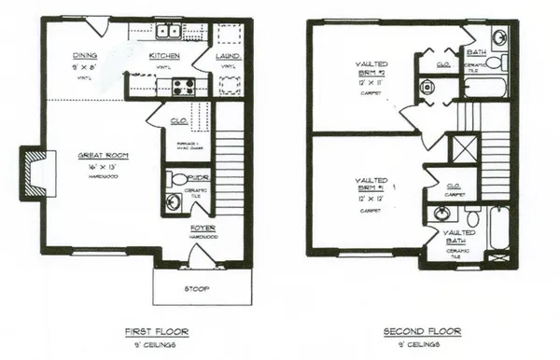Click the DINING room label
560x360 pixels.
tap(88, 55)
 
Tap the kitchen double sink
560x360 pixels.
tap(169, 34)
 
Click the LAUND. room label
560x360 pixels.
tap(230, 56)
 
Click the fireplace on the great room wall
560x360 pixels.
tap(34, 172)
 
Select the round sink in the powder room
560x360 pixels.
tap(172, 201)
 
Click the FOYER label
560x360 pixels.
tap(203, 228)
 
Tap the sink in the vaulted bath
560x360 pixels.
tap(441, 215)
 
